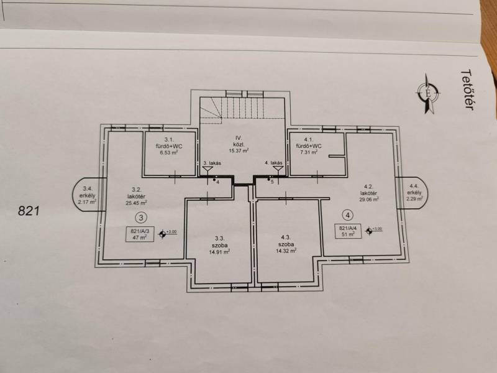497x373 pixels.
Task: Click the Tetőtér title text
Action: [467, 90]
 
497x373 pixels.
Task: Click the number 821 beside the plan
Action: [29, 211]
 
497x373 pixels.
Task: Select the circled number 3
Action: [142, 218]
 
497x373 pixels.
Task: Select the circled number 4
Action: [348, 215]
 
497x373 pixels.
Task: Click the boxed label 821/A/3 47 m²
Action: [140, 234]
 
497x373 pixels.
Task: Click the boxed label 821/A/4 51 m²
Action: [348, 231]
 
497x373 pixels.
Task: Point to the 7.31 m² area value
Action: [308, 152]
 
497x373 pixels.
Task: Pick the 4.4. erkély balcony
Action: [413, 193]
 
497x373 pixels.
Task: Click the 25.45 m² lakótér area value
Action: [136, 203]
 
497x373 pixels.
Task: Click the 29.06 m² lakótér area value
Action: [368, 200]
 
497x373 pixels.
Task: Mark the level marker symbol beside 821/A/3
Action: [163, 234]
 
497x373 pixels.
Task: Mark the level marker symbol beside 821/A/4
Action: [368, 231]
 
